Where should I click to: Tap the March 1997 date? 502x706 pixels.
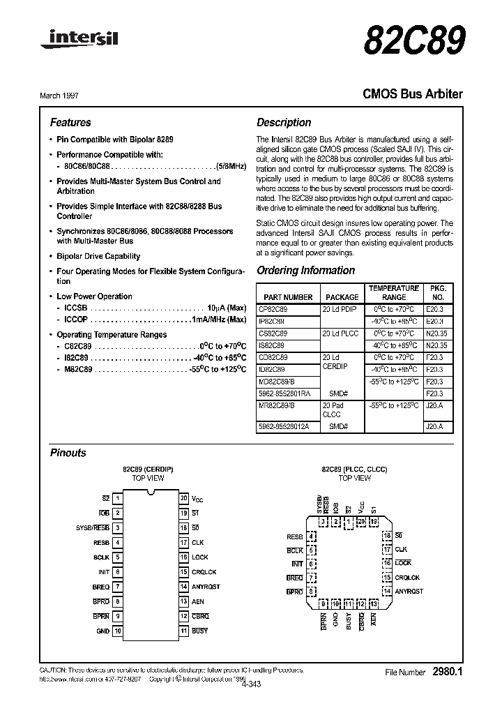pos(69,94)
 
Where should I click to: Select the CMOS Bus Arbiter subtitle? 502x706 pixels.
pos(413,93)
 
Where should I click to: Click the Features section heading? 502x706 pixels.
pos(70,122)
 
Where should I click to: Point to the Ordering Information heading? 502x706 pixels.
pos(305,271)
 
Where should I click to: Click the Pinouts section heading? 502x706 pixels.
pos(68,453)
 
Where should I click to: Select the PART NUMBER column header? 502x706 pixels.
pos(288,292)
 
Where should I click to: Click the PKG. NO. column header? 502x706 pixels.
pos(437,292)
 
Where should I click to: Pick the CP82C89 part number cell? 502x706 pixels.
pos(273,308)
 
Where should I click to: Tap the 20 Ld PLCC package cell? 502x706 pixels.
pos(340,333)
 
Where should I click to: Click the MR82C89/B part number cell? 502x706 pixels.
pos(277,405)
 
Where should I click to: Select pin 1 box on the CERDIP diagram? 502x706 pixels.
pos(118,498)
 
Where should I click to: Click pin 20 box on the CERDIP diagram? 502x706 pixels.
pos(183,498)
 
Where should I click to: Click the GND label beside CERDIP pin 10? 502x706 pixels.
pos(103,631)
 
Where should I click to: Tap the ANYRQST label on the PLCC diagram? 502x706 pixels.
pos(409,591)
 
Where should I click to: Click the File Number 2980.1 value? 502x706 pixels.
pos(448,672)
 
